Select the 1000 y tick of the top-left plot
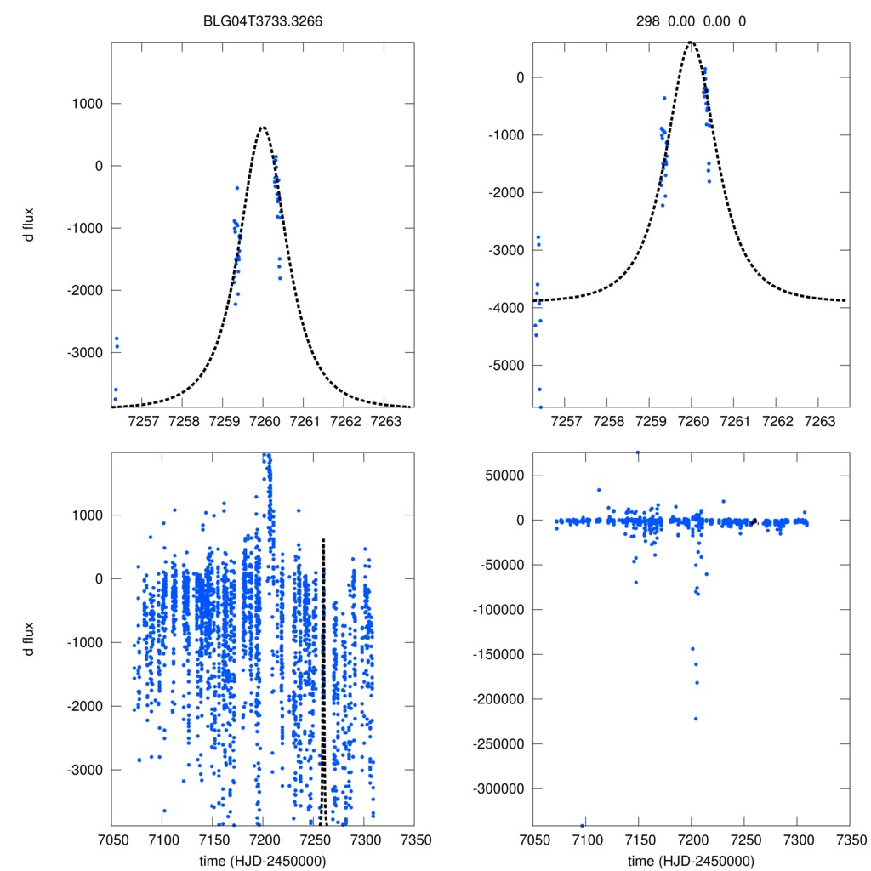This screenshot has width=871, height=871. [x=83, y=104]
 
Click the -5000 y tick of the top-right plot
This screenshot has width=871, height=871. [x=503, y=365]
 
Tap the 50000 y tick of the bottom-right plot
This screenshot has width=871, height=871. [x=503, y=475]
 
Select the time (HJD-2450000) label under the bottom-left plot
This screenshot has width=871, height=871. [x=262, y=860]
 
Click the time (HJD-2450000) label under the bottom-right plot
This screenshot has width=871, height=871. [x=691, y=860]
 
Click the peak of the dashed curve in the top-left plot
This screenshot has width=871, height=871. [x=263, y=127]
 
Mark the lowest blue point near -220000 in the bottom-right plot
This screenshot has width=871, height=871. [x=695, y=719]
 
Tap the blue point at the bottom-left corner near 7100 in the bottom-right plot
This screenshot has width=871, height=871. [x=583, y=825]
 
